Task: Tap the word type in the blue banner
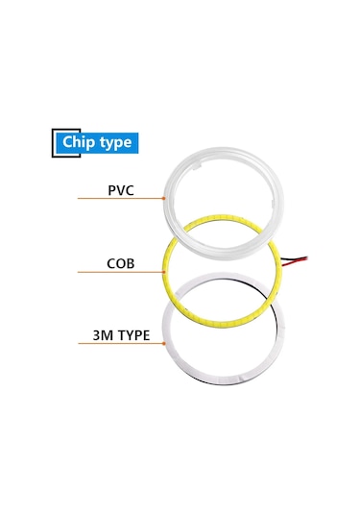(x=116, y=143)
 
